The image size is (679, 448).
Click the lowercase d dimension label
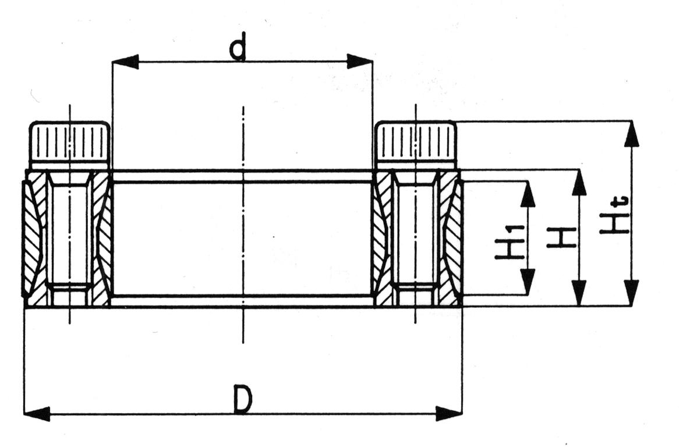click(x=238, y=46)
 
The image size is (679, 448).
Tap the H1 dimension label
click(x=510, y=242)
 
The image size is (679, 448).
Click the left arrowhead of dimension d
click(x=125, y=62)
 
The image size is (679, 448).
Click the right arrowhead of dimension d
click(x=360, y=62)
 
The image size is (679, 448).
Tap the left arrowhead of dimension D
click(x=36, y=413)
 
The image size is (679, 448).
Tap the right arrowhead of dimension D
click(x=449, y=413)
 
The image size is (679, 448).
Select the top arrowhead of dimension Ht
click(x=632, y=134)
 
